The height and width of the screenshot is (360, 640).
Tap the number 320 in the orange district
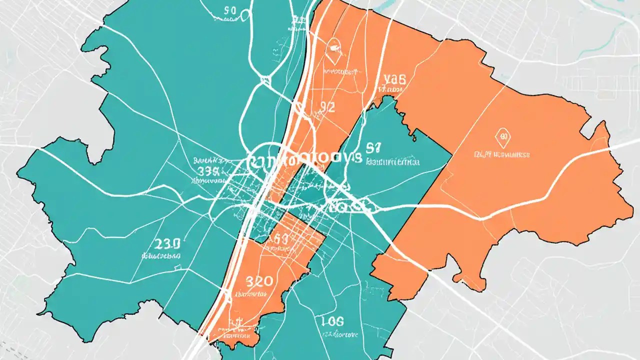pyautogui.click(x=258, y=281)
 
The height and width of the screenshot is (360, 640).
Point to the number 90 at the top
pyautogui.click(x=230, y=10)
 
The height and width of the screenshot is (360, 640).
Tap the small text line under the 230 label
pyautogui.click(x=161, y=255)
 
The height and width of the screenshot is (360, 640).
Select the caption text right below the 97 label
pyautogui.click(x=393, y=162)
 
